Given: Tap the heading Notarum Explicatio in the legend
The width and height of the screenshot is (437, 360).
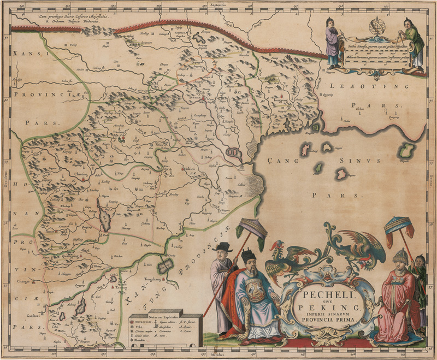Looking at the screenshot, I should (x=163, y=317).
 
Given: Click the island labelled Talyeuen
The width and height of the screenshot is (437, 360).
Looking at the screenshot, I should (x=405, y=151).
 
